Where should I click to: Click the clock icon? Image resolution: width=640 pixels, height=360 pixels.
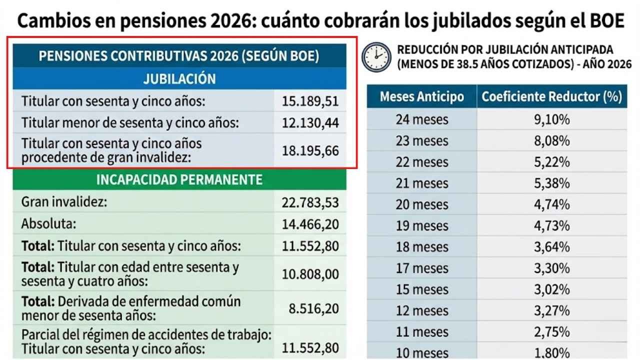[376, 57]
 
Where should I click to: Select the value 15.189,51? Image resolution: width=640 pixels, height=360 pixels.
[310, 101]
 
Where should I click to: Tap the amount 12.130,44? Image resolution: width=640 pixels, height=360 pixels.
[310, 122]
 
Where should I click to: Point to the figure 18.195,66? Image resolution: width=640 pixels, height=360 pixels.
[310, 150]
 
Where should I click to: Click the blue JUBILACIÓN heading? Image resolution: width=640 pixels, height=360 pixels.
[179, 78]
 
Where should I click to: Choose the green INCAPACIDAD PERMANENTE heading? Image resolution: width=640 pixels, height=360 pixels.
[179, 180]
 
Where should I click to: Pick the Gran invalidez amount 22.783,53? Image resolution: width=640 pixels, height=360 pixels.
[310, 202]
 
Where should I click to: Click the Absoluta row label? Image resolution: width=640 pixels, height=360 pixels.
[48, 224]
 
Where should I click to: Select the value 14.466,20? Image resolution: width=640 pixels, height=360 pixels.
[310, 224]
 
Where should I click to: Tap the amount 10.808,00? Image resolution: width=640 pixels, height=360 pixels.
[310, 274]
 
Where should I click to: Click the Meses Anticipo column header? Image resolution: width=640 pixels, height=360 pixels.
[421, 96]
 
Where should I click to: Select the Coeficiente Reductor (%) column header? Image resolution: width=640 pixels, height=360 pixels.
[551, 96]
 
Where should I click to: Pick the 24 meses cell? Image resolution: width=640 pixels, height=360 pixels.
[421, 120]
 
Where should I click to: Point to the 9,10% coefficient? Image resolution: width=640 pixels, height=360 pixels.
[551, 120]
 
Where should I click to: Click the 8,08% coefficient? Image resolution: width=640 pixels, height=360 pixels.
[551, 141]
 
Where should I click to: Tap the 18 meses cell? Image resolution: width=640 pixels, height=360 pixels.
[421, 247]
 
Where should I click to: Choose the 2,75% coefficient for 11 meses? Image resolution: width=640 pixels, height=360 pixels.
[551, 331]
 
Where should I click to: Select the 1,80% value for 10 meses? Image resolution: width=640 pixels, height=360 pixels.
[551, 352]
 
